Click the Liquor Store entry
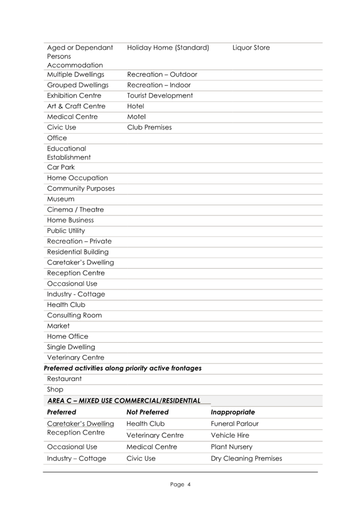(x=251, y=48)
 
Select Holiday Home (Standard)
(x=168, y=48)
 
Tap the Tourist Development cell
(x=160, y=96)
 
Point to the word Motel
(x=136, y=117)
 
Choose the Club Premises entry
(x=149, y=127)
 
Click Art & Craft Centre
(x=76, y=106)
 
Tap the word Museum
(x=61, y=199)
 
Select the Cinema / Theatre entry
(x=76, y=210)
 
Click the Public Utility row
(x=66, y=231)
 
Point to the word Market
(x=58, y=326)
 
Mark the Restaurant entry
(x=65, y=379)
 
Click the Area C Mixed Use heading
(x=124, y=400)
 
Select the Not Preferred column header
(x=147, y=412)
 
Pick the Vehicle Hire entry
(x=230, y=435)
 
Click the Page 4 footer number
(x=180, y=485)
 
